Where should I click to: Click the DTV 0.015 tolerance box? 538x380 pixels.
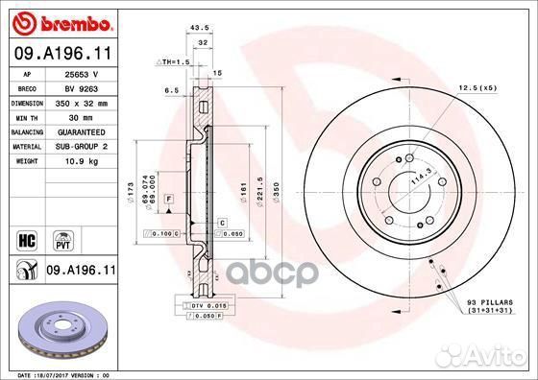point(205,304)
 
